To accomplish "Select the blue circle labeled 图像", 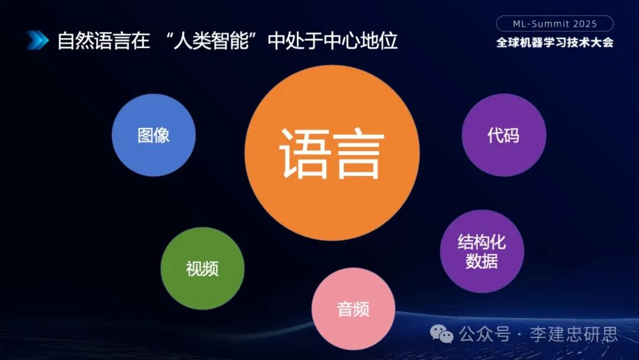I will tap(153, 135).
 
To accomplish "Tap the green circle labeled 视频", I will tap(202, 268).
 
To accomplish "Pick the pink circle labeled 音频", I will tap(353, 309).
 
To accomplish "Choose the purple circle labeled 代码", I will tap(504, 135).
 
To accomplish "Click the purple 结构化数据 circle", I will tap(482, 251).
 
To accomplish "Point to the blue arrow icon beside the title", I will tap(37, 40).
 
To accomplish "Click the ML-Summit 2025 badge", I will tap(554, 24).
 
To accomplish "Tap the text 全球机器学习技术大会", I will tap(554, 43).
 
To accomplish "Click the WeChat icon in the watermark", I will tap(441, 335).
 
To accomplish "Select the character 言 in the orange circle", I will tap(359, 153).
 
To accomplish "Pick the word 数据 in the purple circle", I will tap(482, 261).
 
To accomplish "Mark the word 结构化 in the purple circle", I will tap(482, 242).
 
